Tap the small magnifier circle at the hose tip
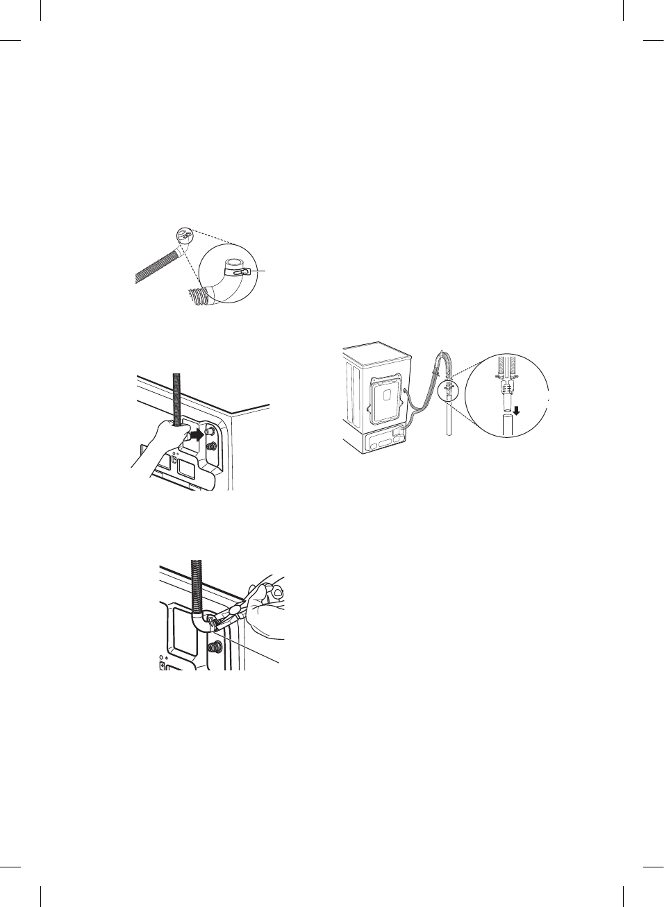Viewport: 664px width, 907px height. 183,235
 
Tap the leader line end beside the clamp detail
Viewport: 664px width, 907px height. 263,269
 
